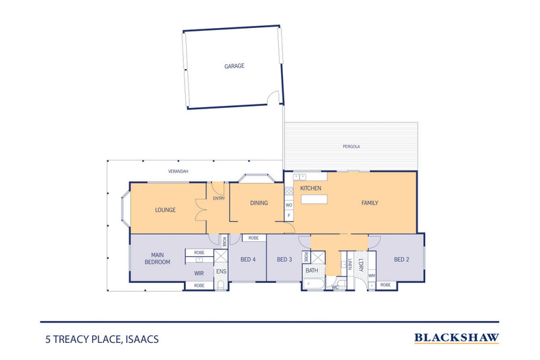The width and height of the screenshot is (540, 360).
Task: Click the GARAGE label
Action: pos(234,66)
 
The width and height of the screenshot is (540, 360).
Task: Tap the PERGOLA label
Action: pos(351,147)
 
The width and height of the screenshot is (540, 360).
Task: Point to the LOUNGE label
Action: pos(165,210)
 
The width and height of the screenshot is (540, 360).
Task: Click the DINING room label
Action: pos(258,203)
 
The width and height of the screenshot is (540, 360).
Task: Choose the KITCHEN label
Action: pos(311,188)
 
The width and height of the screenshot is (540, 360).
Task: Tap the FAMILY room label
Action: pos(370,203)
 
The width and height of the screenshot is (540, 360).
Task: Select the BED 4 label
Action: pos(247,260)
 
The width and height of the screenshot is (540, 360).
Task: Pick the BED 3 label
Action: pos(284,260)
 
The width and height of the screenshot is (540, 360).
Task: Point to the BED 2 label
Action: pos(401,260)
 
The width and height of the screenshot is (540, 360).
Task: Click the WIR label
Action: pos(199,273)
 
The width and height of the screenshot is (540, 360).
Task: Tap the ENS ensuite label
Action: pos(221,271)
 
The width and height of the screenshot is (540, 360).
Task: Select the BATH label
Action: pos(312,271)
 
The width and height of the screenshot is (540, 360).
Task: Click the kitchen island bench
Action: pos(313,200)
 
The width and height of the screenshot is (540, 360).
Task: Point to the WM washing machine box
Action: pos(372,275)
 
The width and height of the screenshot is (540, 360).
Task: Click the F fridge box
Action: pos(289,216)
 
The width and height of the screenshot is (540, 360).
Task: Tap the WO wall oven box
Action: pos(289,204)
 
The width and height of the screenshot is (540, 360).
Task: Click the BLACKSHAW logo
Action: pos(457,337)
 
